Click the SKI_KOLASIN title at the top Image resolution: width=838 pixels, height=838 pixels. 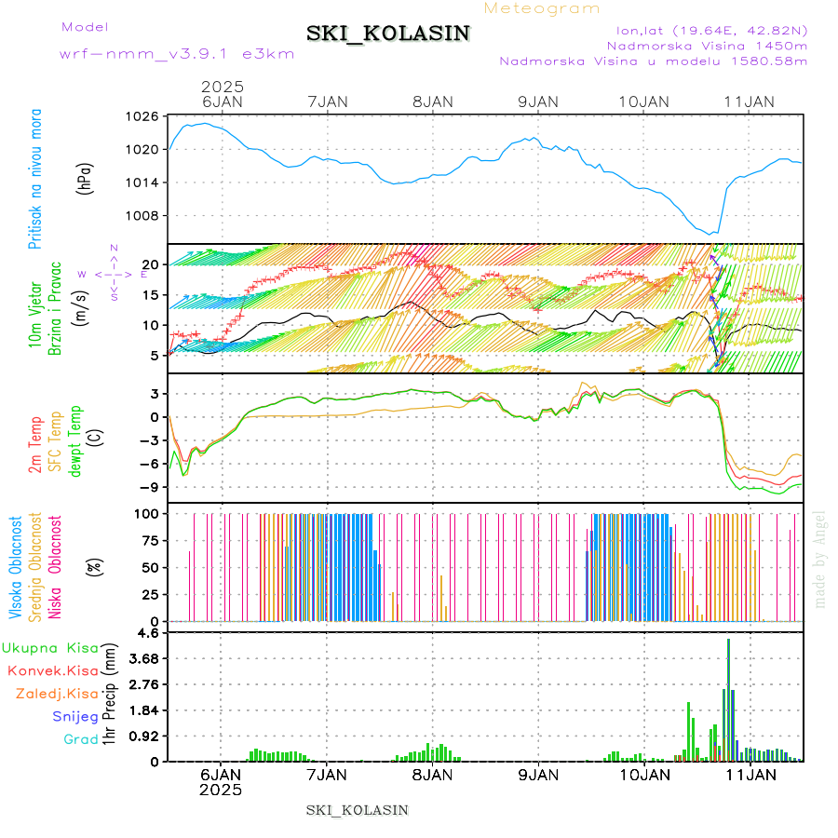point(388,34)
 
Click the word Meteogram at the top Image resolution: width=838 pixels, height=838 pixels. point(543,8)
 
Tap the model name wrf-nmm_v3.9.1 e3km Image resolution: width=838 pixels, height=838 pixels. point(177,54)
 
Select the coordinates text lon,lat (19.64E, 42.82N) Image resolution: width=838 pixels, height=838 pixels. point(704,30)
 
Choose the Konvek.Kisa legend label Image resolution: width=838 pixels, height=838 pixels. point(52,670)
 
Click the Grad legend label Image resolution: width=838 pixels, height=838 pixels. point(80,739)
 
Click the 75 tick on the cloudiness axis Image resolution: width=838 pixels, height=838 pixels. point(146,540)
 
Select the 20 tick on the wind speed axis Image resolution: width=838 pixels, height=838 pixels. point(147,264)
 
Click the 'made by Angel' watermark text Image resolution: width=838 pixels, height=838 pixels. point(820,559)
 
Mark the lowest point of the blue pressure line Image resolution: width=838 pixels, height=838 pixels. point(712,234)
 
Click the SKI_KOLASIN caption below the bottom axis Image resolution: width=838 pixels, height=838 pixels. point(357,810)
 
